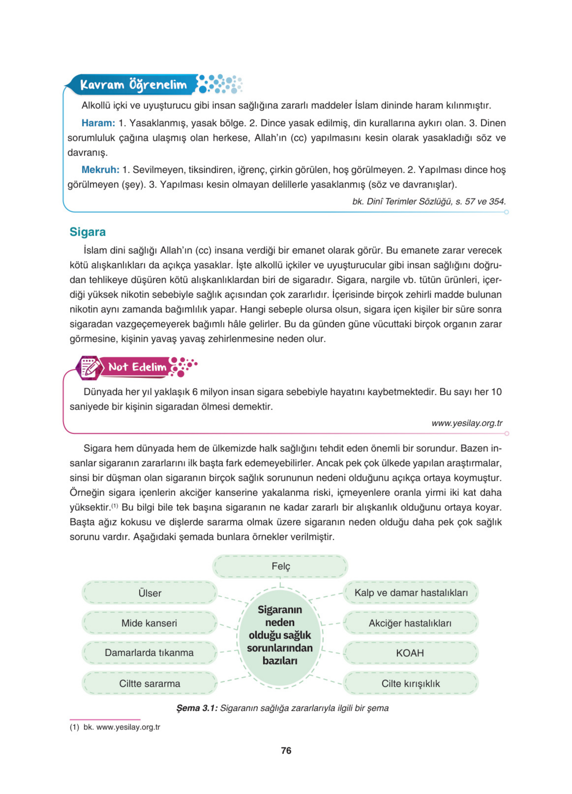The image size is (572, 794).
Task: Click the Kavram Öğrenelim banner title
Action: pyautogui.click(x=133, y=85)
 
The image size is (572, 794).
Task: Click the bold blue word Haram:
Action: pyautogui.click(x=98, y=123)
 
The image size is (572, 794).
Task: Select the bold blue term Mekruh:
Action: pyautogui.click(x=100, y=170)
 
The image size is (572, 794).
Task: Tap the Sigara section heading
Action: pyautogui.click(x=88, y=232)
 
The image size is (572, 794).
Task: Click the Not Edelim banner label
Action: pyautogui.click(x=137, y=367)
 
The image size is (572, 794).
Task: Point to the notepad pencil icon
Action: pyautogui.click(x=89, y=368)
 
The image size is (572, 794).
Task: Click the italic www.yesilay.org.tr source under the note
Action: pyautogui.click(x=466, y=423)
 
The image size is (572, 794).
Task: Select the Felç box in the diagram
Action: pyautogui.click(x=280, y=566)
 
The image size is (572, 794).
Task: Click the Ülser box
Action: pyautogui.click(x=150, y=593)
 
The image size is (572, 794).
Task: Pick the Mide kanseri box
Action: pyautogui.click(x=149, y=623)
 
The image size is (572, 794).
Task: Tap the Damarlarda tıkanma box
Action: pyautogui.click(x=149, y=652)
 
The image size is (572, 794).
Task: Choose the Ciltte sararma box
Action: pyautogui.click(x=149, y=683)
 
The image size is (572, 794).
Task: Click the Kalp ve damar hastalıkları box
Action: pyautogui.click(x=410, y=593)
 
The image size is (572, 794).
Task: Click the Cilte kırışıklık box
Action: pyautogui.click(x=410, y=683)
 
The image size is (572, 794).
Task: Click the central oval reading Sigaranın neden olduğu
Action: pyautogui.click(x=280, y=635)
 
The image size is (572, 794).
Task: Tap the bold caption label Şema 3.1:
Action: pyautogui.click(x=197, y=708)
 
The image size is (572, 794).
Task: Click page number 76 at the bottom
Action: pyautogui.click(x=286, y=750)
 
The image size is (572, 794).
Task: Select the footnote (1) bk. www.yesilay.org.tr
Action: pyautogui.click(x=115, y=727)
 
